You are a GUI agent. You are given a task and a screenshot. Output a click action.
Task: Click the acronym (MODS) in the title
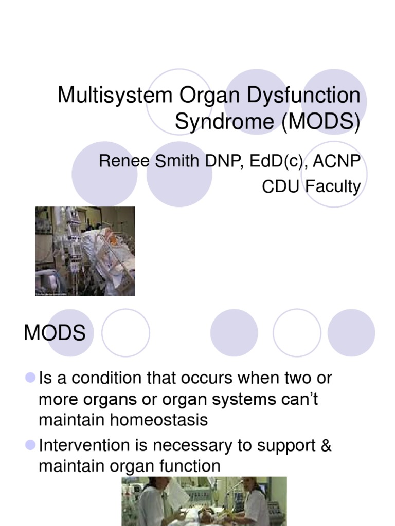click(x=320, y=122)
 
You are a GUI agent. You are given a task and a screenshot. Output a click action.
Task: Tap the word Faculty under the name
click(x=333, y=186)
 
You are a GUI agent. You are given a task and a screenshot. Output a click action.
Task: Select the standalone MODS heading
click(x=55, y=333)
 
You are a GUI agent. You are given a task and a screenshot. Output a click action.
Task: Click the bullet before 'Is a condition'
click(x=30, y=378)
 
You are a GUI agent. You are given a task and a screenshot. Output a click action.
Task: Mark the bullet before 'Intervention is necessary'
click(x=30, y=445)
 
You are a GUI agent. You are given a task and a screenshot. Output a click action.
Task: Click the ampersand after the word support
click(x=326, y=445)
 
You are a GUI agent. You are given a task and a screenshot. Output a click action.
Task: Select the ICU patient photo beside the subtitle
click(x=85, y=251)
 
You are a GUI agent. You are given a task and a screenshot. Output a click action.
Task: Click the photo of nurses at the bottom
click(x=204, y=501)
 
